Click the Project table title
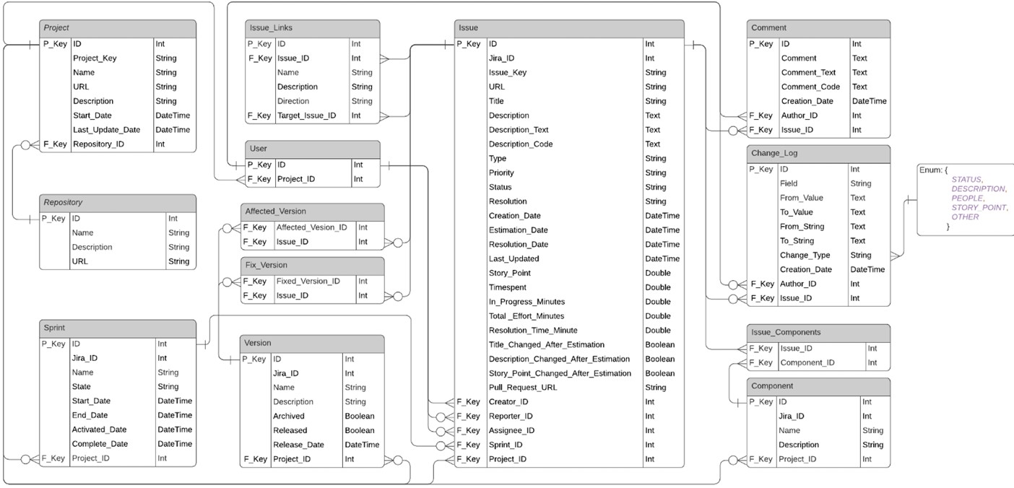pos(56,28)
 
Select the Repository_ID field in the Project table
pos(98,144)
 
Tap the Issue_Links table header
pos(270,28)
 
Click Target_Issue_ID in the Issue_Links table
pos(306,116)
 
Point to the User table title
pos(258,149)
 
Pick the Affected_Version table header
pos(275,212)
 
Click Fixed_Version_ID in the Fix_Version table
pos(308,282)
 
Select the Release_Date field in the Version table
pos(298,445)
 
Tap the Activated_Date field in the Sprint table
pos(99,430)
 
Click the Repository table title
pos(63,203)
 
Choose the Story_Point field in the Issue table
pos(509,273)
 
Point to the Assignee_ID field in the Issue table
pos(511,430)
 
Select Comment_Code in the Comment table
pos(810,87)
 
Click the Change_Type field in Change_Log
pos(805,255)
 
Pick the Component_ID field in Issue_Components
pos(807,363)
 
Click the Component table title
pos(771,386)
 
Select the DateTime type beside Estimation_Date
pos(662,230)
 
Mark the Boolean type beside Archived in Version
pos(360,416)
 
